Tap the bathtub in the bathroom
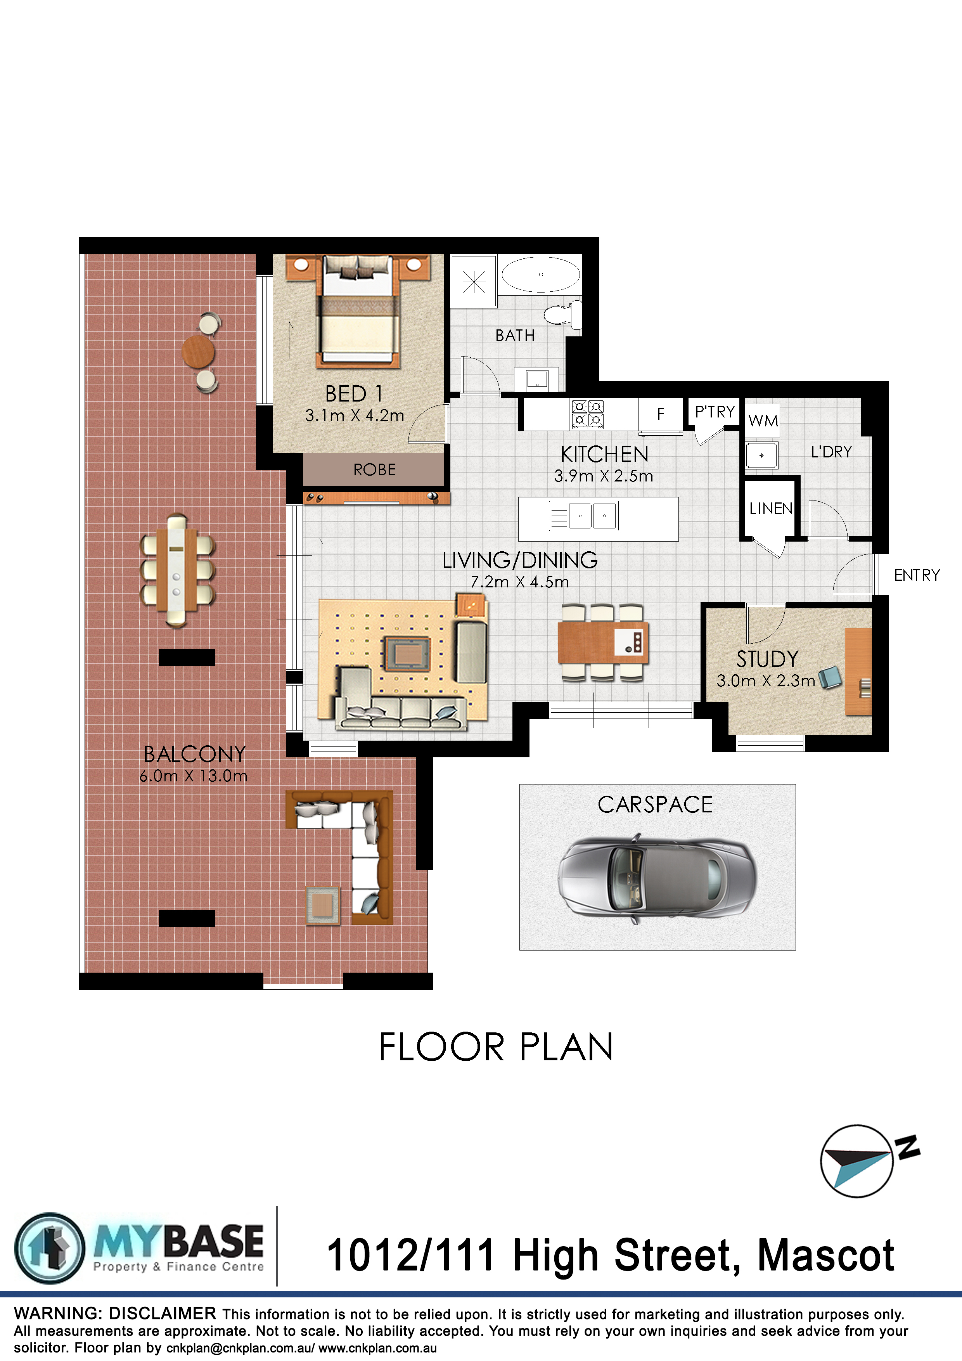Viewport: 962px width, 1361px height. coord(541,274)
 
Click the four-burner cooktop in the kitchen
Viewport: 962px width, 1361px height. coord(587,414)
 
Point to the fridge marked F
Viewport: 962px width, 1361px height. coord(660,414)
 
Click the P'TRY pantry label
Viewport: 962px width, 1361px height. coord(715,412)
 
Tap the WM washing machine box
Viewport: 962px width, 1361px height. coord(762,421)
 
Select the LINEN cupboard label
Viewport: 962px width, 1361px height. coord(770,509)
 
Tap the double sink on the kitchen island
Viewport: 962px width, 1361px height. coord(584,515)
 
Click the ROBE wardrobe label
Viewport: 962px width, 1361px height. coord(375,470)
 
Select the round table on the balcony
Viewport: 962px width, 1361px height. coord(198,352)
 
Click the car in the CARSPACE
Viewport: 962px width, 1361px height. coord(657,879)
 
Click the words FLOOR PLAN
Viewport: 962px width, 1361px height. coord(495,1048)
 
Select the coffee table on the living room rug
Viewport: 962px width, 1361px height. coord(406,654)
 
